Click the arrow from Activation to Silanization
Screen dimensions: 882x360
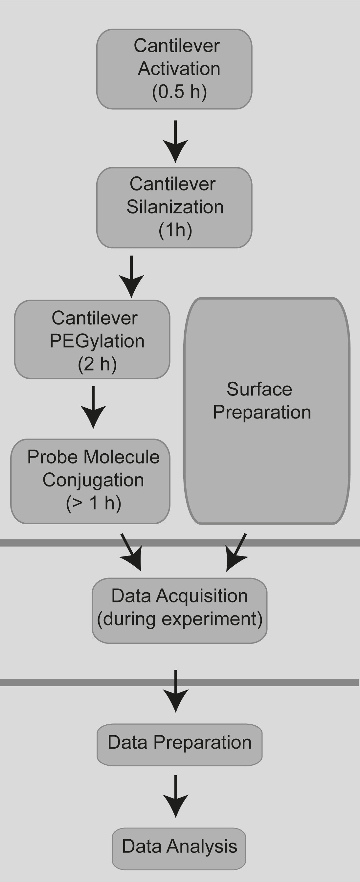175,142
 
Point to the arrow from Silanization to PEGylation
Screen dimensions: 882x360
131,277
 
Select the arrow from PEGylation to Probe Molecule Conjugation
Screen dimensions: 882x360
93,408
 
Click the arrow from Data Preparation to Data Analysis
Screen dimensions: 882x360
175,797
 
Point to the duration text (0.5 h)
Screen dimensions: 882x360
179,92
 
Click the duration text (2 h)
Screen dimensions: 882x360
97,364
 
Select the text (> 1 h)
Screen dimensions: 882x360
93,503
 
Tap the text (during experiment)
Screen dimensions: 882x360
180,619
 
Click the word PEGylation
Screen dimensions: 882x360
97,341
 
